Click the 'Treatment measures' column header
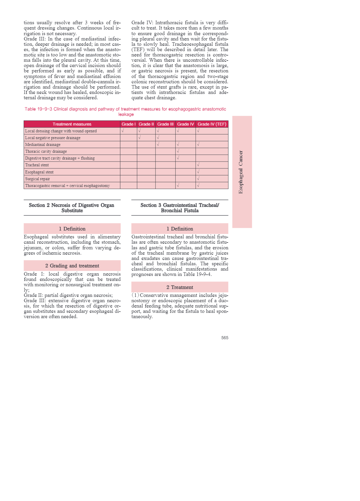72,124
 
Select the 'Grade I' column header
129,124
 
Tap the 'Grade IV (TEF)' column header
212,124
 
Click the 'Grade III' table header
165,124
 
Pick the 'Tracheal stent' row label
37,165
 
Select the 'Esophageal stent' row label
39,172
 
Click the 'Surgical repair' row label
38,179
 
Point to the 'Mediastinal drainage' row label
43,144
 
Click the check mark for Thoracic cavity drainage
178,151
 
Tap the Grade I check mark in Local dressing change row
123,131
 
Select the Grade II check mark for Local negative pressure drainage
140,137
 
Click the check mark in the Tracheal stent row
198,165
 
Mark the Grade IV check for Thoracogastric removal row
178,186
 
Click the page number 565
225,338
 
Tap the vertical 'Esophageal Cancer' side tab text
241,172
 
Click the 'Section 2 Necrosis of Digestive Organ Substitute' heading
72,208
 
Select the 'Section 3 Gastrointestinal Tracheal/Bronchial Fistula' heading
180,208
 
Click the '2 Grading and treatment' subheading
72,266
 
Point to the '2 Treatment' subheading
180,287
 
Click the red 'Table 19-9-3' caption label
38,109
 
